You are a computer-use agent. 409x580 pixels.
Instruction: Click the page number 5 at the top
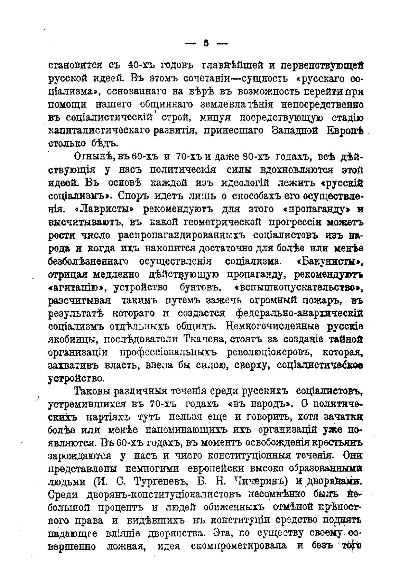[206, 44]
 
